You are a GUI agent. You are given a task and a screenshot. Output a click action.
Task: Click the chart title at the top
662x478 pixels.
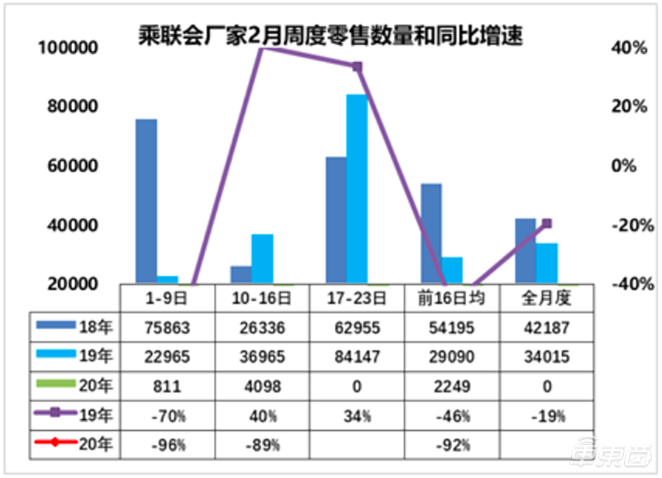[x=330, y=36]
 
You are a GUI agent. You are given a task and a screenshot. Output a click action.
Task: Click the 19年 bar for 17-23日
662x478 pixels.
[x=357, y=189]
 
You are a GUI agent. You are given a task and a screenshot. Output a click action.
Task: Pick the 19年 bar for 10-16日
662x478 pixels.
[x=262, y=258]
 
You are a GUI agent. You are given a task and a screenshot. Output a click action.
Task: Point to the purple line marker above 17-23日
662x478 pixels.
[x=357, y=66]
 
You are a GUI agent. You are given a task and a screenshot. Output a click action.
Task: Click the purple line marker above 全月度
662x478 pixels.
[x=546, y=224]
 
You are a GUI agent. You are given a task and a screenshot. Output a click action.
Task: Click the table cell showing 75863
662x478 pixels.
[x=167, y=326]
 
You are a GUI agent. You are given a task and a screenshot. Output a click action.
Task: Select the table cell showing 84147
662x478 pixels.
[x=357, y=356]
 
